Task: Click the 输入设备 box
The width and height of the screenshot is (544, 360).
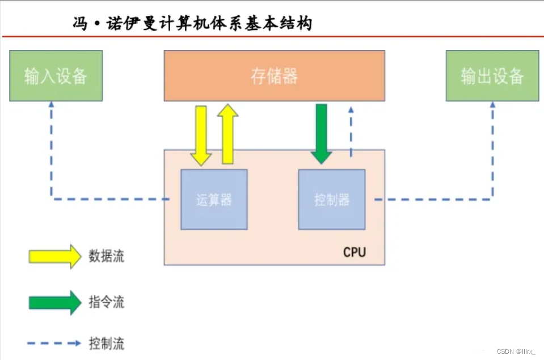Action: [56, 75]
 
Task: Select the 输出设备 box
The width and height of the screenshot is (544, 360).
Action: [492, 75]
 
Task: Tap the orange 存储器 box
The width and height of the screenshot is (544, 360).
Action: [274, 75]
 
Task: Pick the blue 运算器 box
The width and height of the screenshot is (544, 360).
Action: [214, 200]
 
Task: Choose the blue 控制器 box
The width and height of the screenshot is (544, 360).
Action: [332, 200]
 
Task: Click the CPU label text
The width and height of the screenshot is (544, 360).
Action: [355, 252]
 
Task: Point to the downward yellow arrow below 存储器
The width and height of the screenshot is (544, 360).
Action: [201, 135]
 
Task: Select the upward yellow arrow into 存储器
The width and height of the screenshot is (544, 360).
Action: [228, 133]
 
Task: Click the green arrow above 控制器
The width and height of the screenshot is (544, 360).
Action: [322, 133]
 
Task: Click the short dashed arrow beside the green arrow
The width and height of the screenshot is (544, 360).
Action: [351, 130]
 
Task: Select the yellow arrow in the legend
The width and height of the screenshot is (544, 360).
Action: [55, 256]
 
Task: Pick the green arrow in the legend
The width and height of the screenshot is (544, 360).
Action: [55, 302]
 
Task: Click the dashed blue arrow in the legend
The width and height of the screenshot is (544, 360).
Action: [54, 343]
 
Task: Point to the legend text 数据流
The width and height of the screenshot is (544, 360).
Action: [106, 256]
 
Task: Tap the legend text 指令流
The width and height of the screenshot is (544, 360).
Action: [106, 302]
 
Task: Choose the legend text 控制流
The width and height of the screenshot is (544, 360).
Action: [106, 343]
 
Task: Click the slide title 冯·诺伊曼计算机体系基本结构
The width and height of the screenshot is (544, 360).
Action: [192, 24]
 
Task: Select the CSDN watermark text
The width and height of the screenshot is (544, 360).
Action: [516, 351]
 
